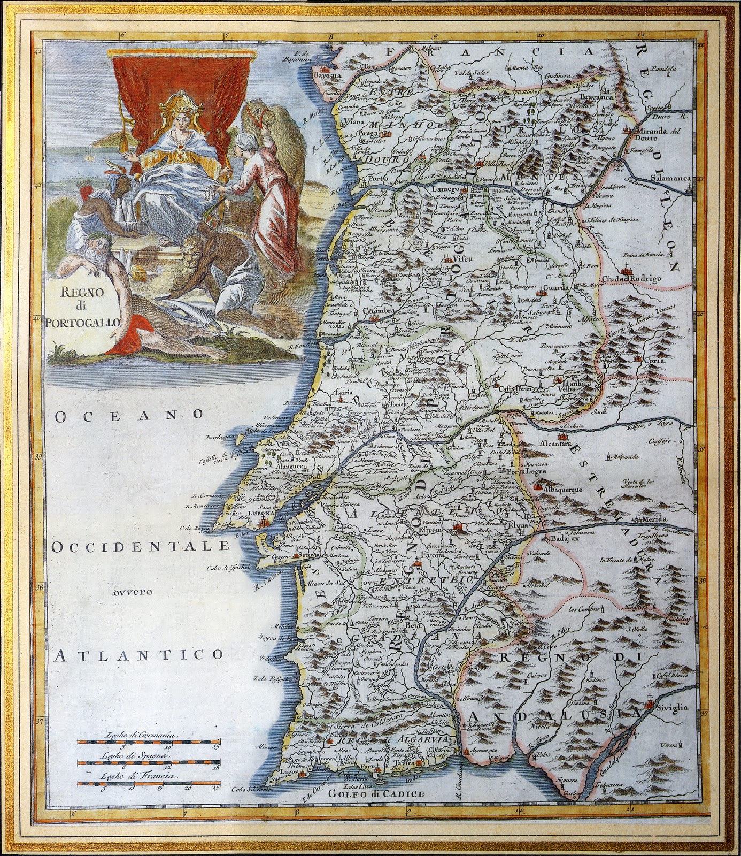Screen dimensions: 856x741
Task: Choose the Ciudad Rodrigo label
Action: (632, 279)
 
